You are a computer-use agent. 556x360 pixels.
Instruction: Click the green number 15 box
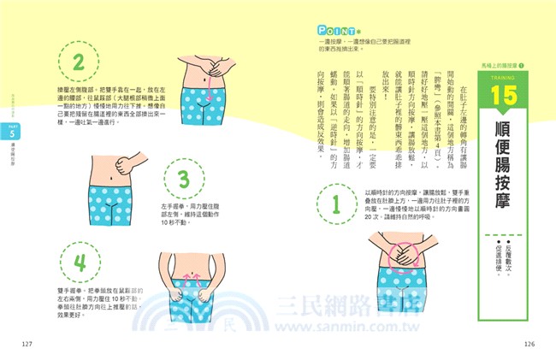pos(507,97)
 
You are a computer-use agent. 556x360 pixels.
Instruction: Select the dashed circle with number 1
pos(336,204)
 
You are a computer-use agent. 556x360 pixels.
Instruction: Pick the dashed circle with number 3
pos(181,180)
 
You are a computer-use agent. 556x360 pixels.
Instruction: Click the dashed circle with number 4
pos(79,261)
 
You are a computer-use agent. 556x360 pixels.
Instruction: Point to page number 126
pos(529,343)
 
